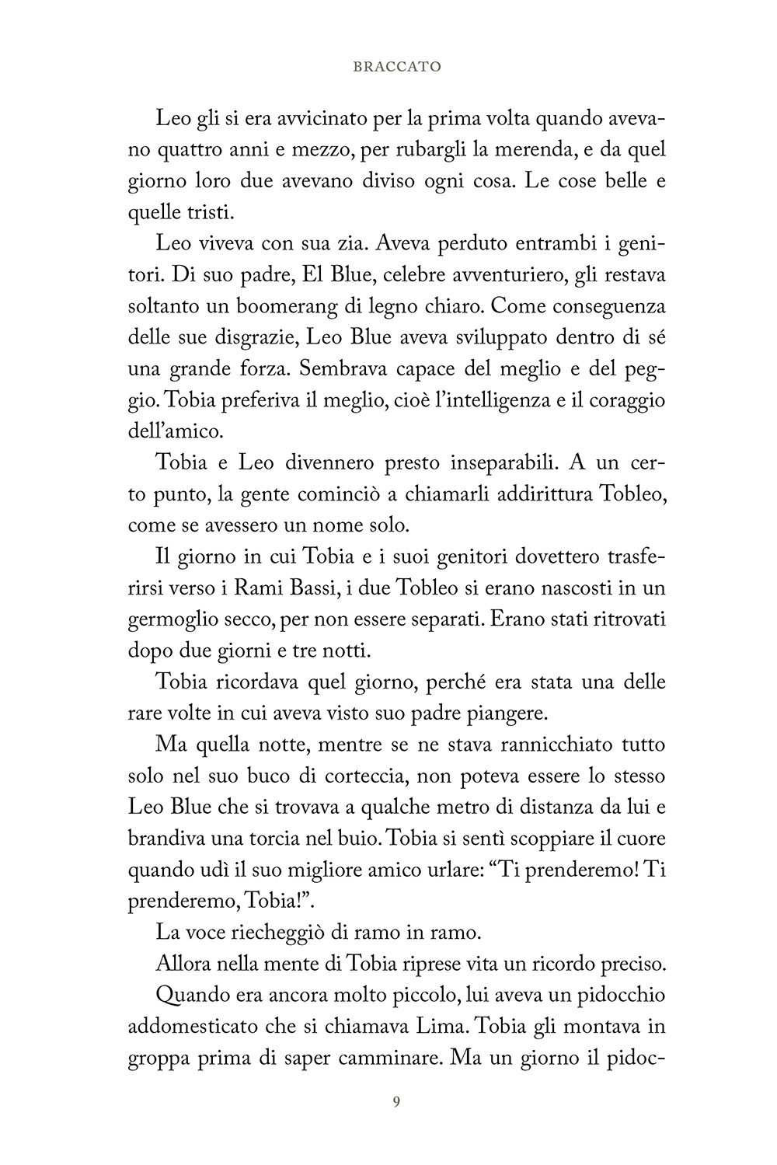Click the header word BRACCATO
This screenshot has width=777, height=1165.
pos(396,67)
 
